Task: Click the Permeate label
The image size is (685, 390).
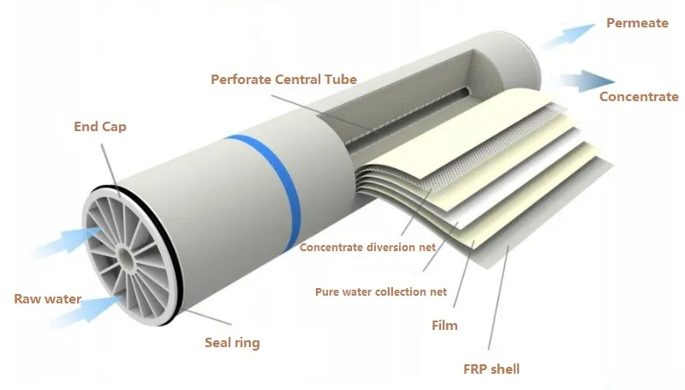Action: [637, 23]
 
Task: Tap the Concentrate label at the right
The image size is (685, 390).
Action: [639, 97]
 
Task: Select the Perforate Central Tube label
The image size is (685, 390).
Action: [283, 80]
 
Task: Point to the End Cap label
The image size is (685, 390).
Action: [99, 128]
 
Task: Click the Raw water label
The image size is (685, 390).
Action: [47, 299]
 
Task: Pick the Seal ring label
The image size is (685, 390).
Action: [232, 343]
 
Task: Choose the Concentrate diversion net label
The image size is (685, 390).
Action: [367, 248]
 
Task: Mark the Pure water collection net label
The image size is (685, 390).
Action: [381, 291]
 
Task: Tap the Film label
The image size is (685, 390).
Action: [444, 326]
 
